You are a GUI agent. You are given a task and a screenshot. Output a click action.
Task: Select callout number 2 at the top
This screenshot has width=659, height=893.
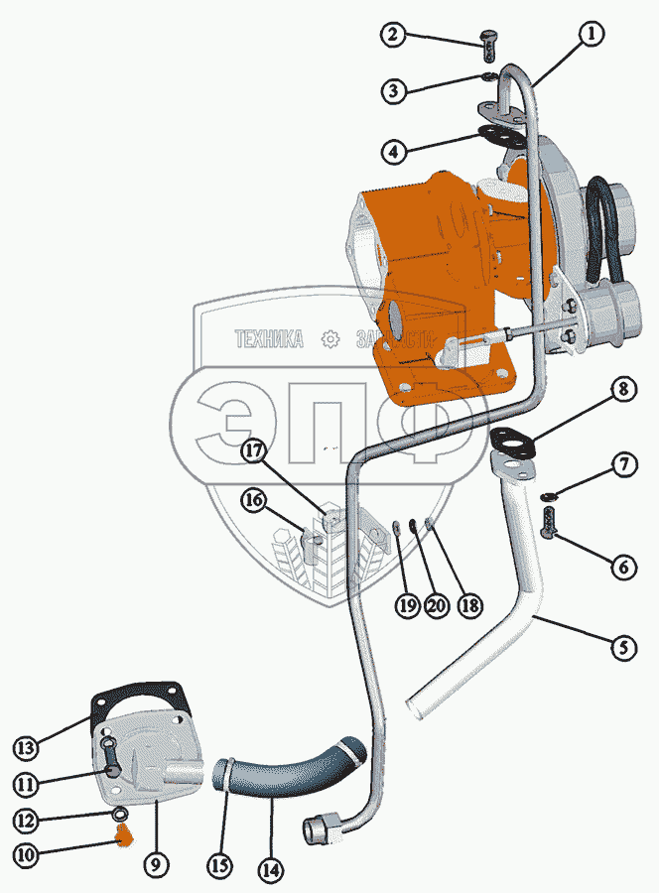pos(395,36)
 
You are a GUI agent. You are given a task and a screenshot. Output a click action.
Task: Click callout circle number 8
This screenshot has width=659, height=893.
pos(623,389)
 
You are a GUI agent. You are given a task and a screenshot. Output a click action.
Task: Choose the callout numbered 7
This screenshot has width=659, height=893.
pos(623,464)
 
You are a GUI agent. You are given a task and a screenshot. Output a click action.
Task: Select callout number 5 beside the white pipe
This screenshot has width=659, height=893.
pos(623,650)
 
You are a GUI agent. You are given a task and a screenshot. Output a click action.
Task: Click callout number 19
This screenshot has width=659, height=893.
pos(406,606)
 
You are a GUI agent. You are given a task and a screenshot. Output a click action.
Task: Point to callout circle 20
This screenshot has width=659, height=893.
pos(435,606)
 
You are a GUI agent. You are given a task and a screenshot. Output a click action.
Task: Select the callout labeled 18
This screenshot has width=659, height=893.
pos(462,606)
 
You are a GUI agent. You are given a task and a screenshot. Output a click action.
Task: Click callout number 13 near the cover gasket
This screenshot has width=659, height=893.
pos(26,744)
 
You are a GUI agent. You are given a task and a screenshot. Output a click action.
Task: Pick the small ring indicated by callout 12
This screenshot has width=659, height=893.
pos(120,815)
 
